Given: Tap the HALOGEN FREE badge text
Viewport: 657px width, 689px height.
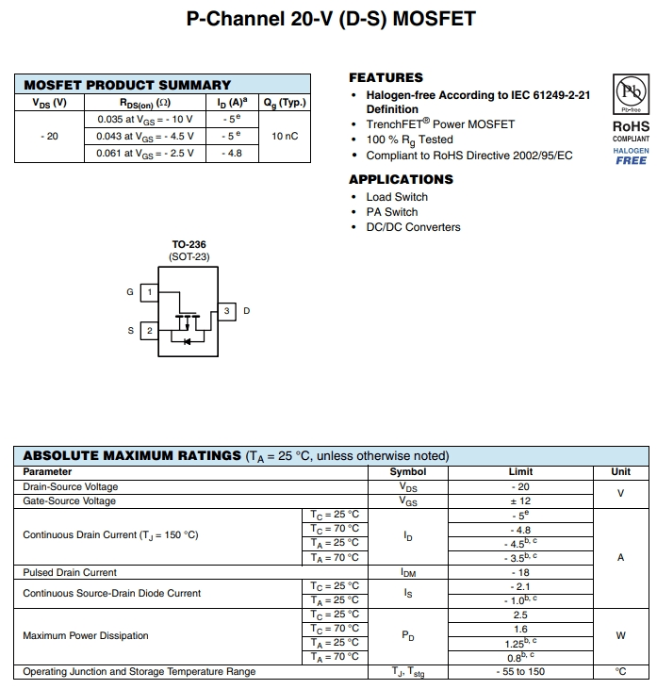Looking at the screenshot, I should pyautogui.click(x=631, y=156).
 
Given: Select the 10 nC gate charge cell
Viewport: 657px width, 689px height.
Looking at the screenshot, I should pyautogui.click(x=285, y=137).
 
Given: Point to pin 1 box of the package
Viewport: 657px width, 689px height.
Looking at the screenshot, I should pyautogui.click(x=149, y=292).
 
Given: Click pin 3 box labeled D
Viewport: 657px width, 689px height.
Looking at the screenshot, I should pyautogui.click(x=227, y=311).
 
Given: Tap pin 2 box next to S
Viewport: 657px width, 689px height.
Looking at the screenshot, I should pyautogui.click(x=149, y=331).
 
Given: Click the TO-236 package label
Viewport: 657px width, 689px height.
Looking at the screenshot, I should pyautogui.click(x=189, y=245).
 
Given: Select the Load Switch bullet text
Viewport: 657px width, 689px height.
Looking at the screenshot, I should pyautogui.click(x=397, y=197).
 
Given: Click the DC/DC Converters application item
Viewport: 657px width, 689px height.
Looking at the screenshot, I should pyautogui.click(x=413, y=227).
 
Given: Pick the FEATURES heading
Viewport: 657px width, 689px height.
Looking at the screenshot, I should pyautogui.click(x=386, y=77).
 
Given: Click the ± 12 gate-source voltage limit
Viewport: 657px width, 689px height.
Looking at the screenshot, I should pyautogui.click(x=520, y=501).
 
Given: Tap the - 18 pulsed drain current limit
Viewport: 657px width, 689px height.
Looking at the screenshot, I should pyautogui.click(x=520, y=572).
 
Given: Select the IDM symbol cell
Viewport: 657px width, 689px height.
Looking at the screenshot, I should pyautogui.click(x=407, y=572).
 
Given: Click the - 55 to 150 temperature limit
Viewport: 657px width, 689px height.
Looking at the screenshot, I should pyautogui.click(x=520, y=672).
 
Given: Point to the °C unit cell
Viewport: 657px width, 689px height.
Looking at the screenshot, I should pyautogui.click(x=620, y=672).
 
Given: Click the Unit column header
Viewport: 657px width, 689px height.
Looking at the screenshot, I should pyautogui.click(x=620, y=471).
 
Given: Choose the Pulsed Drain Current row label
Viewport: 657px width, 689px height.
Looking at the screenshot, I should pyautogui.click(x=70, y=572).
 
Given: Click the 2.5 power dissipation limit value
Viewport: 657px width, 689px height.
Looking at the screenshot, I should pyautogui.click(x=520, y=615).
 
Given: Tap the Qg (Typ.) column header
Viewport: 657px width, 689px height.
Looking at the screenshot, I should pyautogui.click(x=285, y=102).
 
